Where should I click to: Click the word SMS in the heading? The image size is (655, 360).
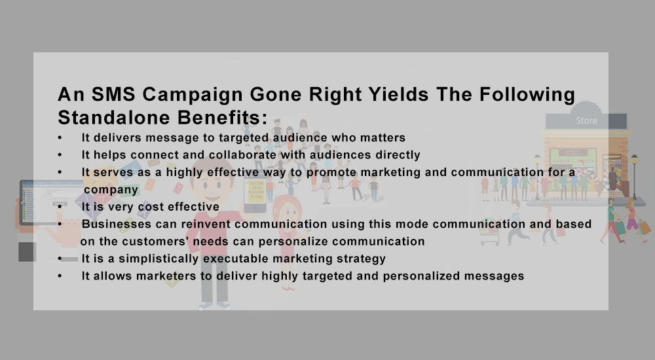click(x=113, y=94)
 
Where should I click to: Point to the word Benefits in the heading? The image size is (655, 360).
click(x=222, y=118)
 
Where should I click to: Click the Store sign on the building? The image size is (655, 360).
click(x=586, y=120)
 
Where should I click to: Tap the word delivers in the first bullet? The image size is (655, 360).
click(x=117, y=138)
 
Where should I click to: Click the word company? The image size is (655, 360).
click(x=111, y=190)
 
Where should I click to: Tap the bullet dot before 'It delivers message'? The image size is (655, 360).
click(x=60, y=138)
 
